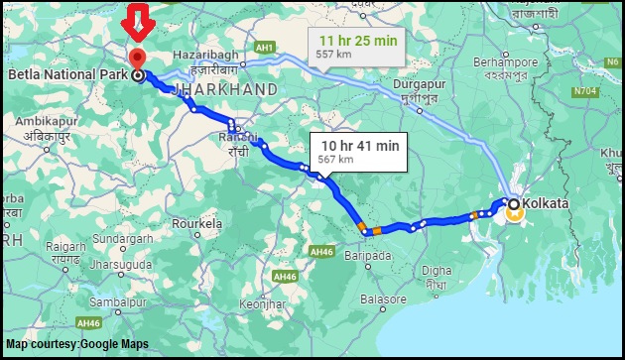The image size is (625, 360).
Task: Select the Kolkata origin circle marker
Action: point(514,204)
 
